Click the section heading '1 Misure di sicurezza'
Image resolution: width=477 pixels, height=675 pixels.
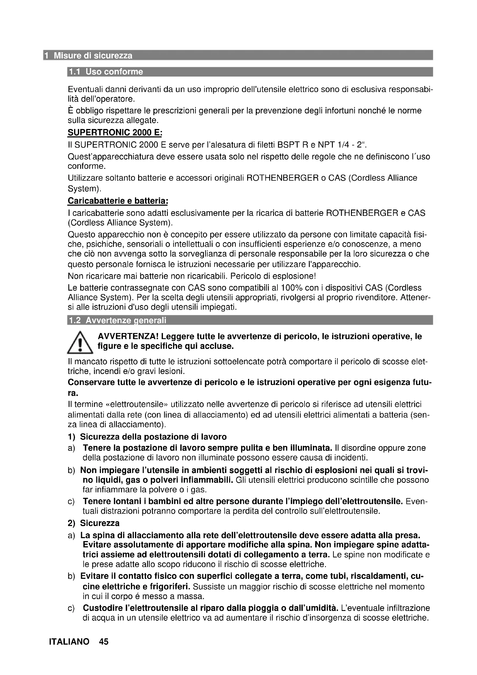coord(93,56)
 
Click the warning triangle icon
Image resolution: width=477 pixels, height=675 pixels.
coord(80,343)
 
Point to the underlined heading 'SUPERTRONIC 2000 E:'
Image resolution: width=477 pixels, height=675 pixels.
coord(115,132)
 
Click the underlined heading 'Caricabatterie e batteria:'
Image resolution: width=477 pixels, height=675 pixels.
coord(118,201)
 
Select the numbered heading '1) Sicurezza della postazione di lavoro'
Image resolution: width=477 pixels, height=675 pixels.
coord(147,437)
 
